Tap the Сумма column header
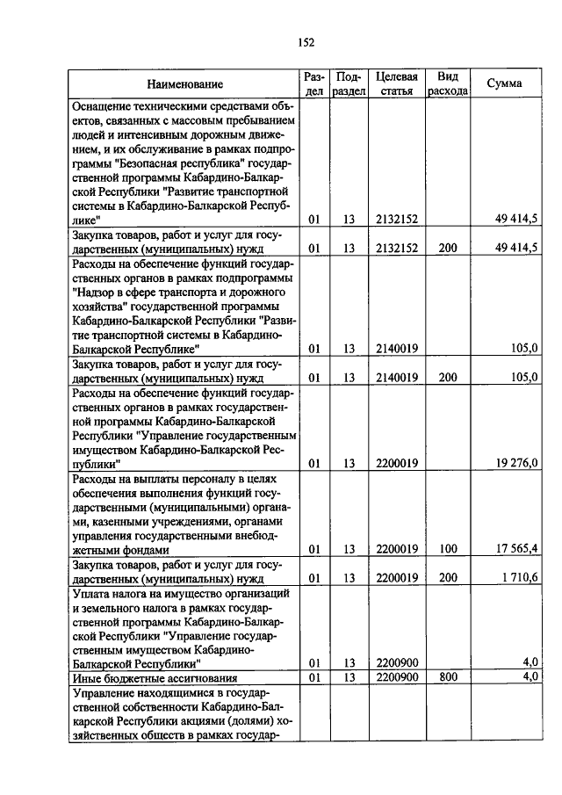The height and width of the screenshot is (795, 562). point(504,83)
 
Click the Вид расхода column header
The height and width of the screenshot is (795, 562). point(447,84)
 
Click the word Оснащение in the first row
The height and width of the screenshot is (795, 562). point(105,105)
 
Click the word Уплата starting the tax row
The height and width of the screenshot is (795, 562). point(92,593)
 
